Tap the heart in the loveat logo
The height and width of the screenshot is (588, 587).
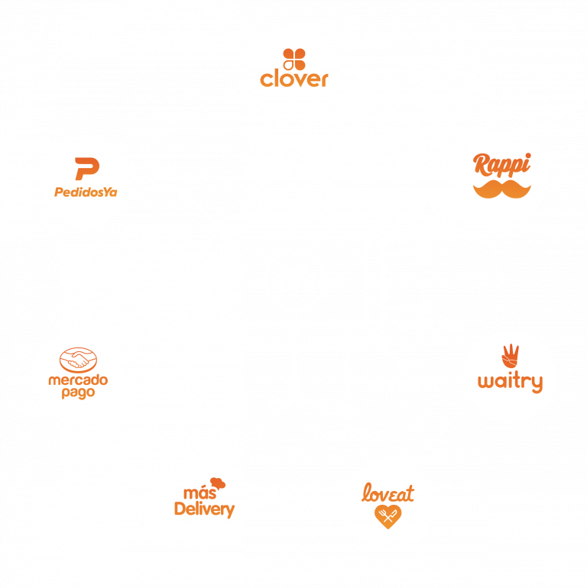[x=388, y=517]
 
